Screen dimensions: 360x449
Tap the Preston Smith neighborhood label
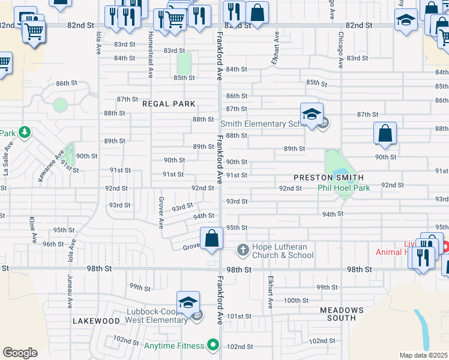(x=328, y=178)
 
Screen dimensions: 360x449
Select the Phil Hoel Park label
(x=343, y=188)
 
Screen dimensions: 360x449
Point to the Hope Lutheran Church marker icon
(x=243, y=249)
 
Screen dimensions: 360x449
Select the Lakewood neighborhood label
(x=96, y=321)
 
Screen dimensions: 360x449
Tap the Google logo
(x=20, y=353)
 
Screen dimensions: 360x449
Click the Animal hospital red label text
(x=401, y=252)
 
